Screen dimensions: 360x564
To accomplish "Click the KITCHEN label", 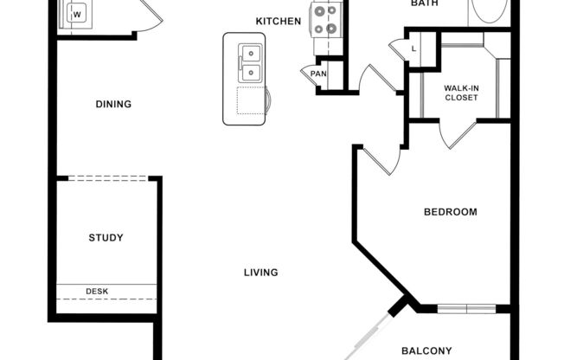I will (279, 21).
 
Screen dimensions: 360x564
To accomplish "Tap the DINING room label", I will (113, 105).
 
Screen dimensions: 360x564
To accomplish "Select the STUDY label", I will (106, 238).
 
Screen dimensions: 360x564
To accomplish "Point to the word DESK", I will (97, 291).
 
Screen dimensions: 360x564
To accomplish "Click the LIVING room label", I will (260, 273).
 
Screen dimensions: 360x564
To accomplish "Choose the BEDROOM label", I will (450, 212).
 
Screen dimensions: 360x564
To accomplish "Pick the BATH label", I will (425, 3).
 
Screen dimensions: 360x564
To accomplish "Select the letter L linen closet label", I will (414, 48).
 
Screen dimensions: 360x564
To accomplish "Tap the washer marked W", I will (77, 15).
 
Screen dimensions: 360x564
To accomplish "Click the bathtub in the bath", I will (489, 10).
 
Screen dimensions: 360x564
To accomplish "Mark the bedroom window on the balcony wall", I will (466, 308).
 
